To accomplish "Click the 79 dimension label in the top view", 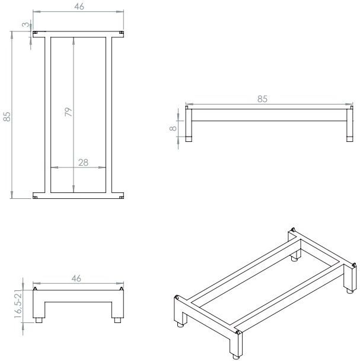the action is coord(68,112).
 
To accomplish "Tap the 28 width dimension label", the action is coord(83,163).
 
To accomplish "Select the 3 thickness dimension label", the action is coord(26,24).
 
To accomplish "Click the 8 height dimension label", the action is coord(173,128).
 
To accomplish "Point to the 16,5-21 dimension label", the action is coord(18,304).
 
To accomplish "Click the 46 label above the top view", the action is coord(79,7).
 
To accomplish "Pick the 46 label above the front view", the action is coord(77,278).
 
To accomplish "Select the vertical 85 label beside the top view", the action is coord(7,116).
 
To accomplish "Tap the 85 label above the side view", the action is coord(262,99).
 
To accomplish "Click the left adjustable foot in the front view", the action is coord(39,320).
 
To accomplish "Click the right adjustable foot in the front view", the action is coord(118,320).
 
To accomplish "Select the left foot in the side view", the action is coord(189,139).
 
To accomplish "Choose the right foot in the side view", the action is coord(350,139).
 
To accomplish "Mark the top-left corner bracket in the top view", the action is coord(35,33).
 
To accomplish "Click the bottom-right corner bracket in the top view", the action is coord(122,197).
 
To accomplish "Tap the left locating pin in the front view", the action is coord(35,289).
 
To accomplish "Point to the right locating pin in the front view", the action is coord(121,289).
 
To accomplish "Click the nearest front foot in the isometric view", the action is coord(236,357).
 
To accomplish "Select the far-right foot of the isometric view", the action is coord(350,291).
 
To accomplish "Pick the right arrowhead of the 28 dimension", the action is coord(102,167).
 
